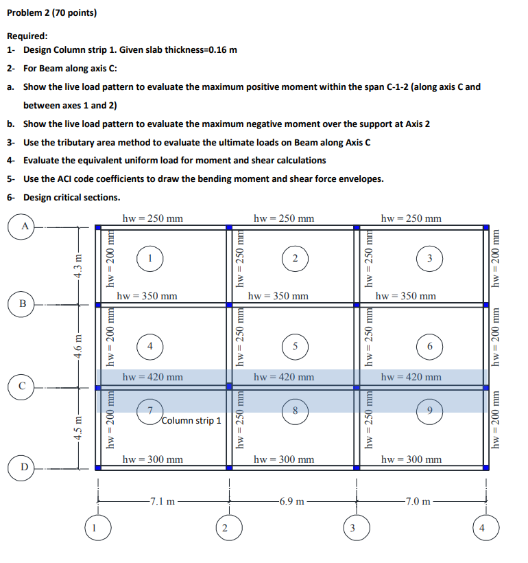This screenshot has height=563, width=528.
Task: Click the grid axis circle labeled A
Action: [25, 225]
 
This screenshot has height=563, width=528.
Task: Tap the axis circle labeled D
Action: [25, 470]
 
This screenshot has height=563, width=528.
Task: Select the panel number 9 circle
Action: [429, 411]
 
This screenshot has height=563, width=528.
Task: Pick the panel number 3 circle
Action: [429, 258]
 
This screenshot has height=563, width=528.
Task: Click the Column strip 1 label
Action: [192, 420]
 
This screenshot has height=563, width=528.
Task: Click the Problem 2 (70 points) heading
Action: [52, 12]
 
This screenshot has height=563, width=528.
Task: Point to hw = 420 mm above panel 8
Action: [283, 377]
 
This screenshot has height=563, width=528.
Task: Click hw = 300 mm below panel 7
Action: [152, 459]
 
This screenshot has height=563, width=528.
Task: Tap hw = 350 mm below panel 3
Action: [406, 296]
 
